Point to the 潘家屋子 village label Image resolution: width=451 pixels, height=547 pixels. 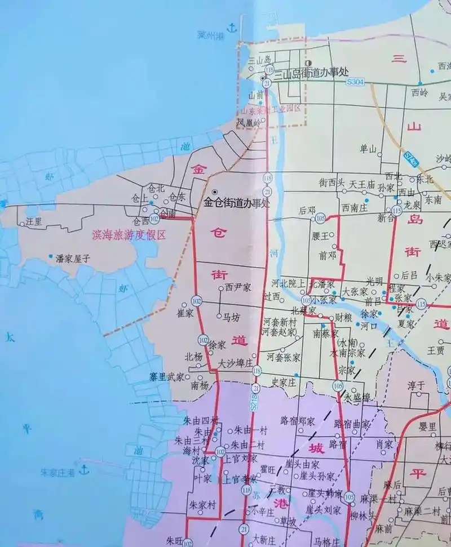click(73, 259)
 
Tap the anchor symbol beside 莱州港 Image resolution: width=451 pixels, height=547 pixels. click(230, 28)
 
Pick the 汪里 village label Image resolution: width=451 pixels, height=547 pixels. click(34, 222)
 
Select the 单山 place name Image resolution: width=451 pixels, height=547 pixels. click(368, 149)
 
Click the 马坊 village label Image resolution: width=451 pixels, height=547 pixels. click(232, 317)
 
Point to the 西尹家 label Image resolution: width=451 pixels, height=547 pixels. click(237, 287)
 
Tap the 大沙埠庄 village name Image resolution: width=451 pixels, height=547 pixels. click(236, 363)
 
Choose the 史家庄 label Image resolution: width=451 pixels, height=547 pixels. click(284, 381)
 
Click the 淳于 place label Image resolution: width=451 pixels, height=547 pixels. click(416, 386)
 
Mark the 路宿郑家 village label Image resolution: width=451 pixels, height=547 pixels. click(297, 421)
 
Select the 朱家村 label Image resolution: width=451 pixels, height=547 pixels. click(202, 504)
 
